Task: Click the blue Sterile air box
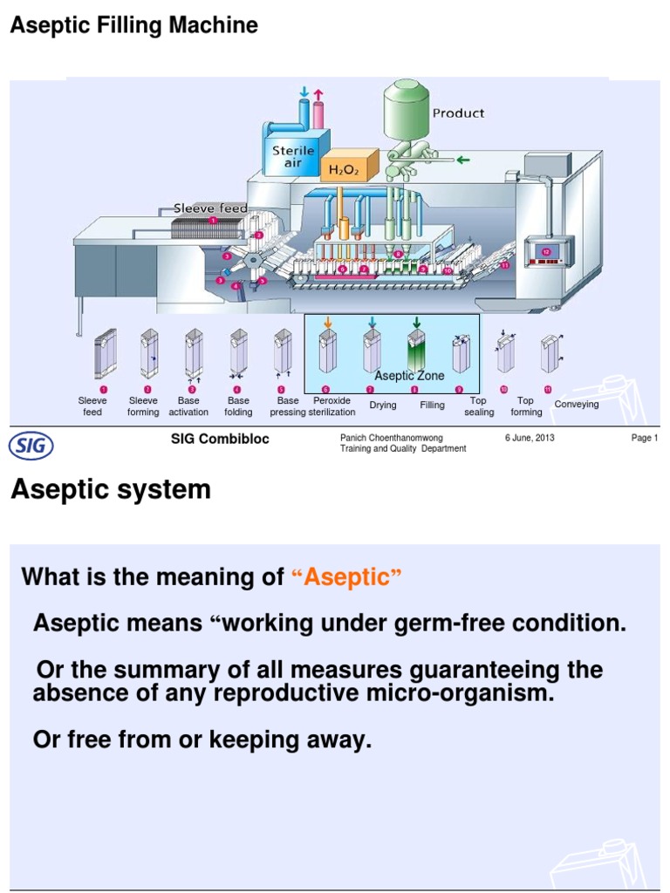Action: point(293,156)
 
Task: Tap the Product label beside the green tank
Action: point(458,113)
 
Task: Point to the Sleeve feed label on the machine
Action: point(210,208)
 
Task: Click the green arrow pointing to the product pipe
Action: point(463,160)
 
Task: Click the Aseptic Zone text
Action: point(410,376)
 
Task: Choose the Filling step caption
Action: point(432,406)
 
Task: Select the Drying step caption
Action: point(382,406)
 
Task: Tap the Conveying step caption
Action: point(577,405)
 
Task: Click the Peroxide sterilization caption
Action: point(332,406)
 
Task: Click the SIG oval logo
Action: point(31,446)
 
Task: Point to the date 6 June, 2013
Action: point(530,438)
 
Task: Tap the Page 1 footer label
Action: point(644,438)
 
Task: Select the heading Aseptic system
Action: point(111,490)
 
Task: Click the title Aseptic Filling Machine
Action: point(133,26)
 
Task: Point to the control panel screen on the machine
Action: point(546,253)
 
